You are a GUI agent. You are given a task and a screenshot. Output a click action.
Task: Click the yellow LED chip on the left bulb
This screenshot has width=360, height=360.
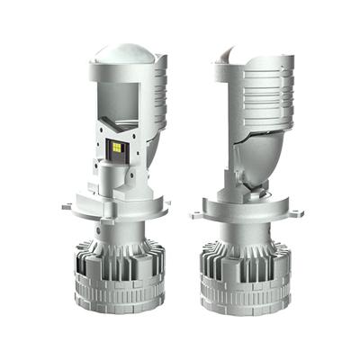[120, 147]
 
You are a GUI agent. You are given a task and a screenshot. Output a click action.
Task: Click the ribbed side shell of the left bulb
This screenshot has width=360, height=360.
[157, 99]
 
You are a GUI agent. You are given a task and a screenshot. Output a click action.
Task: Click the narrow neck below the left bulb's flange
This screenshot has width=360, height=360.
[120, 230]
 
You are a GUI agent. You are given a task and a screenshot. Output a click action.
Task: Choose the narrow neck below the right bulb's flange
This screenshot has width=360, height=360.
[241, 230]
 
